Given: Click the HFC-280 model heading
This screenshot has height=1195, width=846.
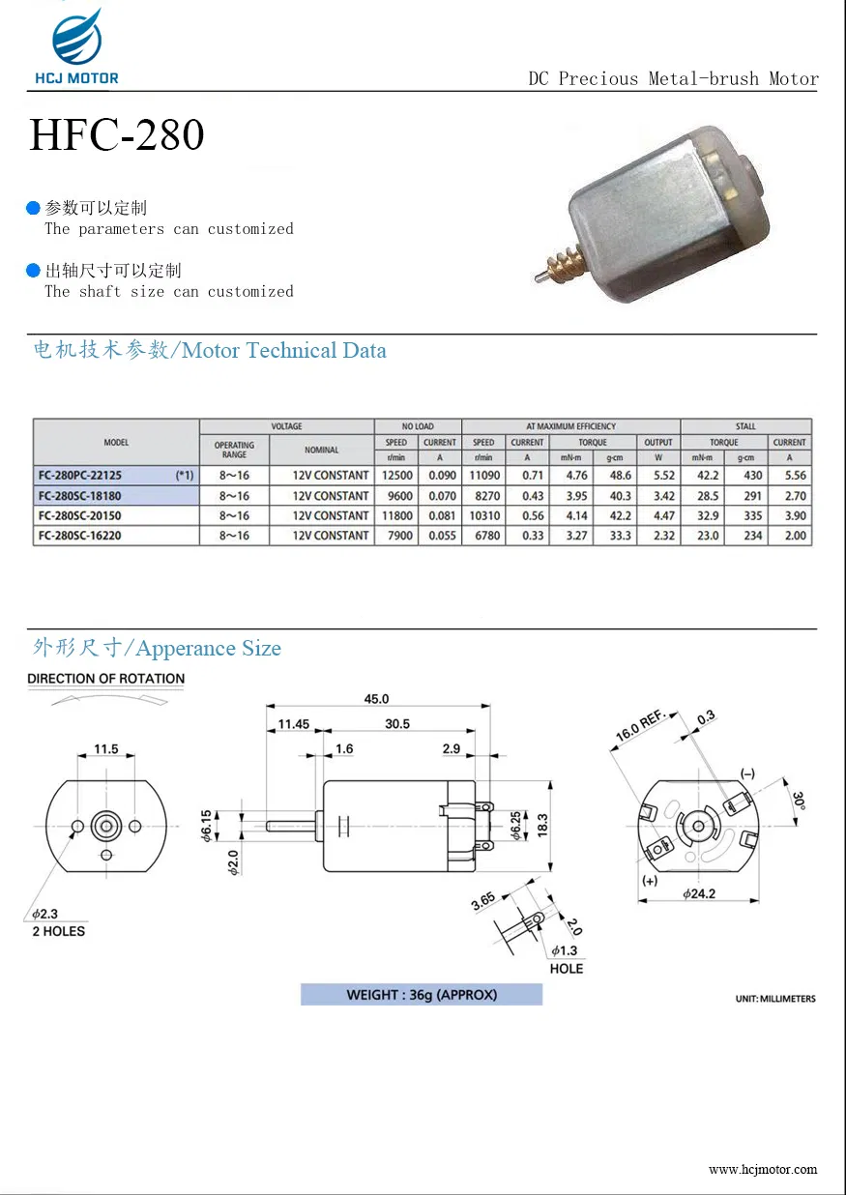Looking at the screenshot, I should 117,135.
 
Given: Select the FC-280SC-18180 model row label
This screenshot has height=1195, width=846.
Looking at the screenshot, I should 80,496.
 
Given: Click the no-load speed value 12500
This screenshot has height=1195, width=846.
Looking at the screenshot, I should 396,476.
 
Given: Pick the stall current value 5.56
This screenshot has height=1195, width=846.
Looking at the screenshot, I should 795,476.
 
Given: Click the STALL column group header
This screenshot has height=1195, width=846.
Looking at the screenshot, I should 745,426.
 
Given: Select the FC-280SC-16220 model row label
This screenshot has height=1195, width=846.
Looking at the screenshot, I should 80,536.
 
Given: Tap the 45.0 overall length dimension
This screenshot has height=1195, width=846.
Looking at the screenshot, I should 376,699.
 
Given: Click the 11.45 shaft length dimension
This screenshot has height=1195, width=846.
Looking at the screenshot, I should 293,724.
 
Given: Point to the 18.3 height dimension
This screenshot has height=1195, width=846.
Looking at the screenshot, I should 542,825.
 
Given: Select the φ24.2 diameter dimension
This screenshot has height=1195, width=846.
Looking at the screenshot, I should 698,894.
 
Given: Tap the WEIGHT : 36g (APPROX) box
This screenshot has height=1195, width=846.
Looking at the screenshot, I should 421,995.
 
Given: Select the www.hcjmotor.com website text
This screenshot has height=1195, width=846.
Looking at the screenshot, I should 762,1169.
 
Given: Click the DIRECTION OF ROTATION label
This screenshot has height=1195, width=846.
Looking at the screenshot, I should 105,679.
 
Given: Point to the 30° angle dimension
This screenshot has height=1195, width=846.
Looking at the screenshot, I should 800,802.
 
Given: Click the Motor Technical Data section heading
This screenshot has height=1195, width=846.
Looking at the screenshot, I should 210,351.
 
